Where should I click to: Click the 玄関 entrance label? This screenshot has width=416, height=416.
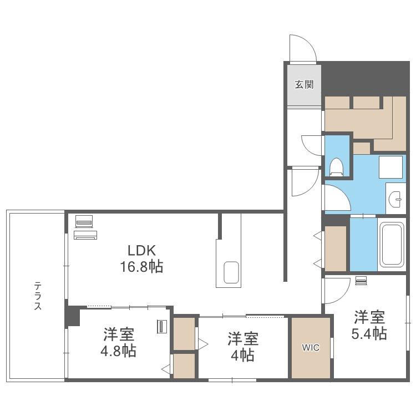tap(305, 85)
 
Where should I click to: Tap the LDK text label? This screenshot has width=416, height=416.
tap(141, 250)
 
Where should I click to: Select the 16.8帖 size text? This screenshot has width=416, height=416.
tap(141, 267)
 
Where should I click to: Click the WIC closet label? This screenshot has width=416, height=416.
tap(311, 347)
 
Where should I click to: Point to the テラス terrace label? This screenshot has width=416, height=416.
tap(38, 296)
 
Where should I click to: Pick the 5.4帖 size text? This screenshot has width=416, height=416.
tap(369, 333)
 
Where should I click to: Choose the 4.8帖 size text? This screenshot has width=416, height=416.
tap(118, 351)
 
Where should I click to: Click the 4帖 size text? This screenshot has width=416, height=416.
tap(242, 355)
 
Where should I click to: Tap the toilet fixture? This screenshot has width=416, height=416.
tap(337, 167)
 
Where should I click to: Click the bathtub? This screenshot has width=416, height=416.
tap(392, 245)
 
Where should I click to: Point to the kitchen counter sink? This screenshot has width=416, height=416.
tap(231, 273)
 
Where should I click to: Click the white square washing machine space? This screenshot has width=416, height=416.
tap(390, 167)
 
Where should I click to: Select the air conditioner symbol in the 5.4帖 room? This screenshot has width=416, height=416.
tap(361, 281)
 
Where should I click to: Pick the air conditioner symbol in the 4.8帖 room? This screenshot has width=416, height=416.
tap(161, 327)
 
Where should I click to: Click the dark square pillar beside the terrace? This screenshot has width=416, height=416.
tap(73, 316)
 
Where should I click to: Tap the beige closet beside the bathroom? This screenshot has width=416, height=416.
tap(336, 248)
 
